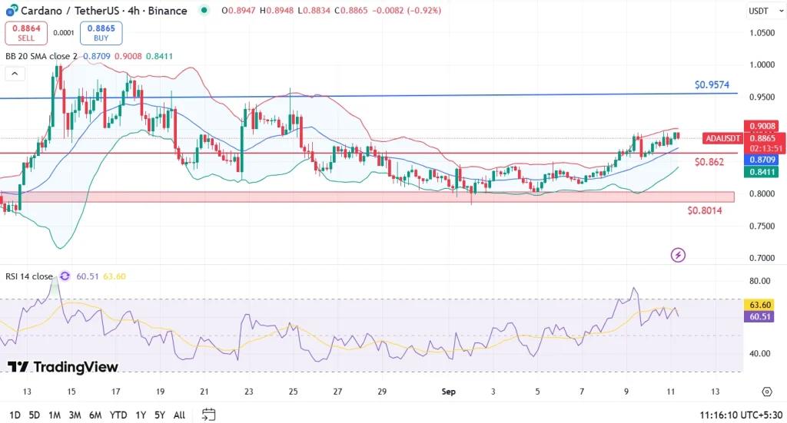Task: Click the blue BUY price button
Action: click(x=101, y=33)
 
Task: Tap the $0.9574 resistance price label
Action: click(x=712, y=84)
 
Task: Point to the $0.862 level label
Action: click(x=709, y=162)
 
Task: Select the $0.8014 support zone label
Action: click(x=704, y=210)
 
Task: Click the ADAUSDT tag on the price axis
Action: click(x=722, y=138)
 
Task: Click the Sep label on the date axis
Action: click(x=449, y=392)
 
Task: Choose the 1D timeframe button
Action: click(x=14, y=415)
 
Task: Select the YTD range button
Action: click(x=118, y=415)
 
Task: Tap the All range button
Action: click(x=179, y=415)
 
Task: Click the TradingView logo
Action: click(x=63, y=367)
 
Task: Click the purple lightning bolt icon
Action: click(x=678, y=254)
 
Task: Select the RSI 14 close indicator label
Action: click(x=30, y=276)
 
